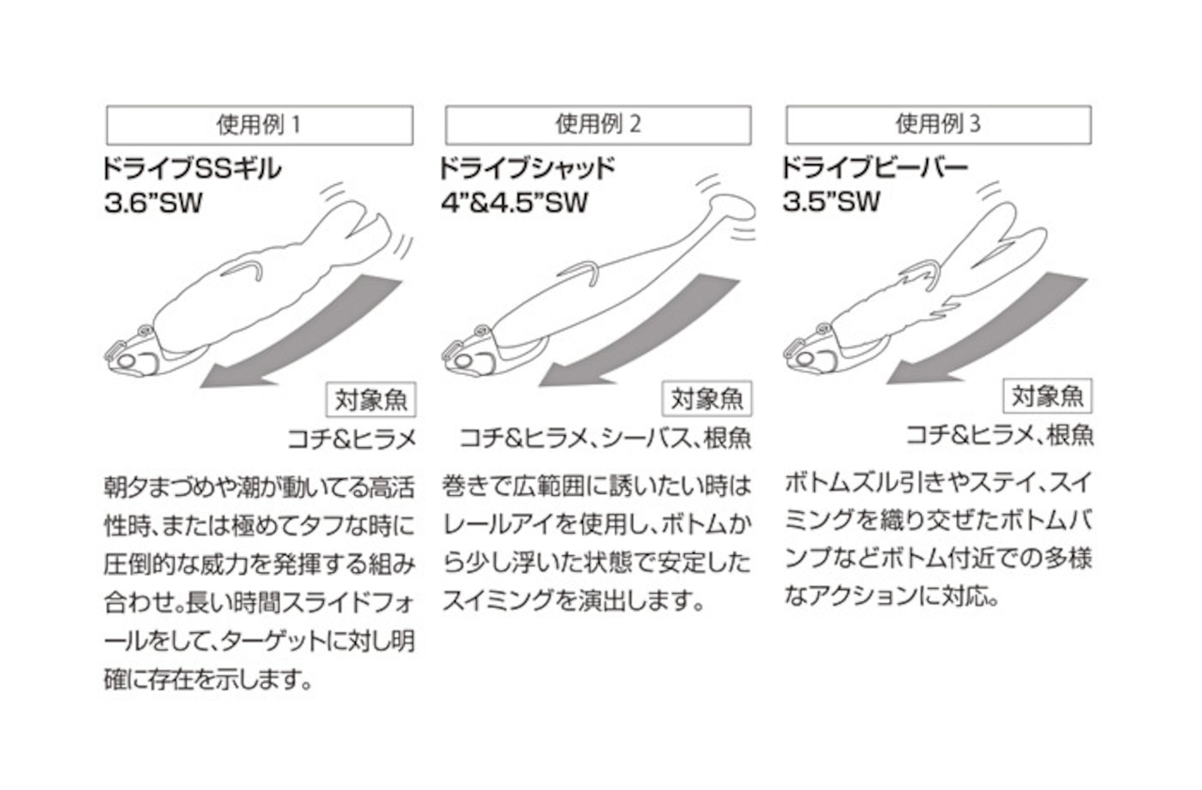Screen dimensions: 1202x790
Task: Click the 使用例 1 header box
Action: tap(259, 125)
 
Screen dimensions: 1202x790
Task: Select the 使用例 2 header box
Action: tap(598, 125)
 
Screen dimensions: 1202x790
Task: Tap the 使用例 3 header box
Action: tap(938, 125)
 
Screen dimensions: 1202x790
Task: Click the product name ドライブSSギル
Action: tap(193, 170)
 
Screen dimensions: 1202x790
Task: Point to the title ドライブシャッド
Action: tap(526, 170)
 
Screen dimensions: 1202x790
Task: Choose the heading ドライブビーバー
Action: tap(873, 170)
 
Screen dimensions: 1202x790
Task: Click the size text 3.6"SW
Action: tap(154, 202)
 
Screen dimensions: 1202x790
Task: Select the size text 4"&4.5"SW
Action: tap(512, 202)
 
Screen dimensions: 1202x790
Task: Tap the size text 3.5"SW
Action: tap(831, 202)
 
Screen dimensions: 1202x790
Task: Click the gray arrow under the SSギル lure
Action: tap(310, 333)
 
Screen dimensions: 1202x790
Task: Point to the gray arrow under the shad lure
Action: tap(648, 333)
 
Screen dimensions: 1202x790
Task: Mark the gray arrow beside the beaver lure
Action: tap(986, 329)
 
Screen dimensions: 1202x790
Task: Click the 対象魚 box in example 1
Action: tap(371, 400)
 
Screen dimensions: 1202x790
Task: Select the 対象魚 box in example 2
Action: tap(707, 400)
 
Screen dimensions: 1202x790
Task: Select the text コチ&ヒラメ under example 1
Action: tap(352, 438)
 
